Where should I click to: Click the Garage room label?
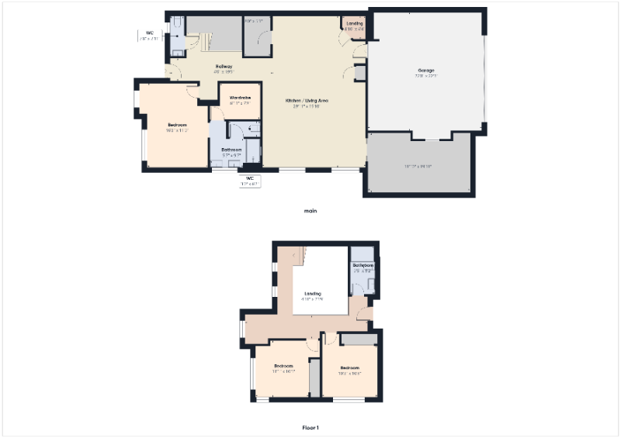coord(425,71)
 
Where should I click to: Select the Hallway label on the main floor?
coord(224,67)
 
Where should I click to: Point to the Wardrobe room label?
coord(240,97)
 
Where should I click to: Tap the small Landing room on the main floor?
coord(354,24)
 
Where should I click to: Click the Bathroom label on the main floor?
coord(231,149)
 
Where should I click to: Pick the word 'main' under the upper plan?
coord(310,210)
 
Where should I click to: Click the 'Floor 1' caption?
coord(310,427)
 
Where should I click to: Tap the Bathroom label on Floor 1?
coord(363,266)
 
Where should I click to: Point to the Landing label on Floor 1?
coord(313,294)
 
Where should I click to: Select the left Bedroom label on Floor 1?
coord(283,366)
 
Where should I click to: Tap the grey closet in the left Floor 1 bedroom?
coord(314,378)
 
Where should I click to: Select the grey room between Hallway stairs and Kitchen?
coord(256,36)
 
